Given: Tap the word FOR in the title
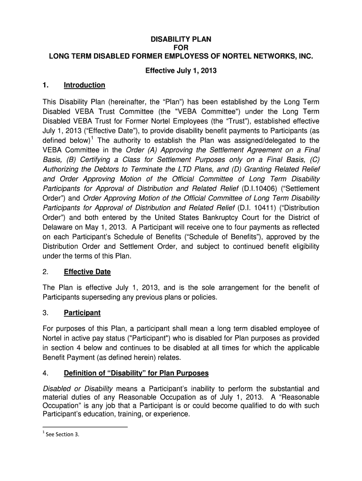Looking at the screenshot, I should [x=181, y=48].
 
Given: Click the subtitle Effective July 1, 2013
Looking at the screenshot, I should [x=181, y=71].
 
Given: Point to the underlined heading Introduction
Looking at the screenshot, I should [x=85, y=85].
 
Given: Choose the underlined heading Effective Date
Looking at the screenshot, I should [x=87, y=272].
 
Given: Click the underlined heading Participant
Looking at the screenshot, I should [x=82, y=312].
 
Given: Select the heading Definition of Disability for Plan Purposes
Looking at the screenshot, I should [x=136, y=373].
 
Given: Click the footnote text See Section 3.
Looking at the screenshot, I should [x=61, y=434].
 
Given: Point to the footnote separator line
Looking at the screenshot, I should [x=85, y=427].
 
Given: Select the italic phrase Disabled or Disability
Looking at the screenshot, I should [x=78, y=388].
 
